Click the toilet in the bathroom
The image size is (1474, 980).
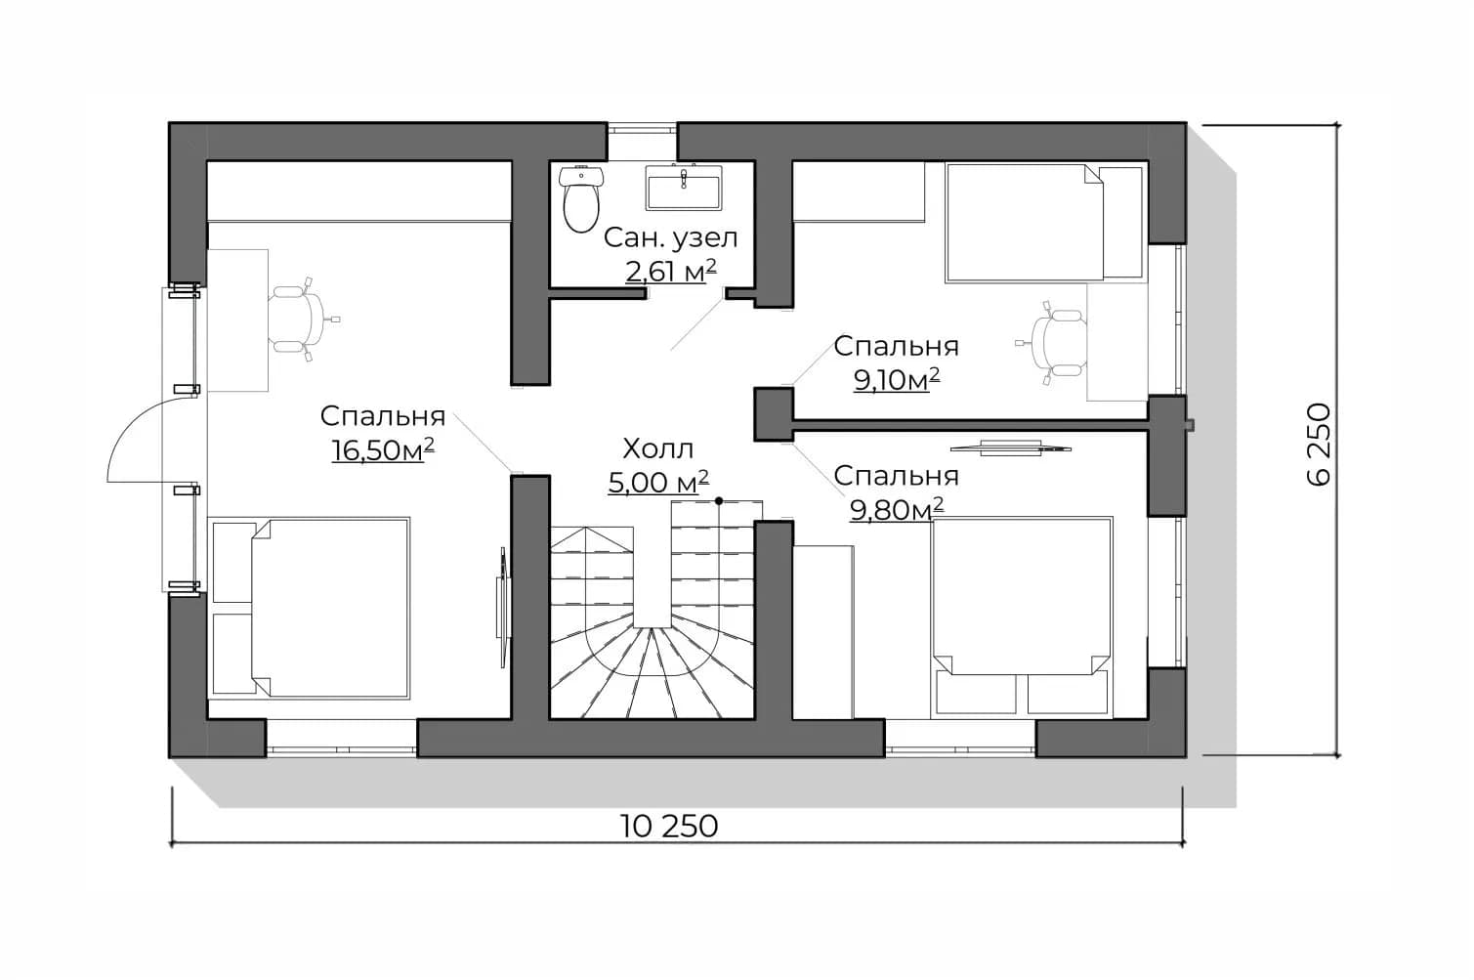pos(580,198)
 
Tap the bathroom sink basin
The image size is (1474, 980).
pos(683,188)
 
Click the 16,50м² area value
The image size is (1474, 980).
pos(383,450)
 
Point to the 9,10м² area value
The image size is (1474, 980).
pos(897,380)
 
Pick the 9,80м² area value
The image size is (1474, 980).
pos(897,509)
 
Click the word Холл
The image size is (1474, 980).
pos(658,448)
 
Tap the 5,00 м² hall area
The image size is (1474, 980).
pos(658,483)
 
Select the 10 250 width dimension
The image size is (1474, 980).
pos(669,826)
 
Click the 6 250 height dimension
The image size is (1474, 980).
pos(1318,445)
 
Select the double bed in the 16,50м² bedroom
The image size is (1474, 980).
pos(309,608)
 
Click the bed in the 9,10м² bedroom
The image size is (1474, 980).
pos(1044,223)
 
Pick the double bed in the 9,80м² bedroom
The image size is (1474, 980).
pos(1022,617)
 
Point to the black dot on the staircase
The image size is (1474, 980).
pos(719,501)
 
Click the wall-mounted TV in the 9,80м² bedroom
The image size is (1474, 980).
pos(1011,448)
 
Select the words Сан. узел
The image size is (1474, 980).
pos(670,237)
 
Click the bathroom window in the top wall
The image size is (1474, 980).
pos(642,128)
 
